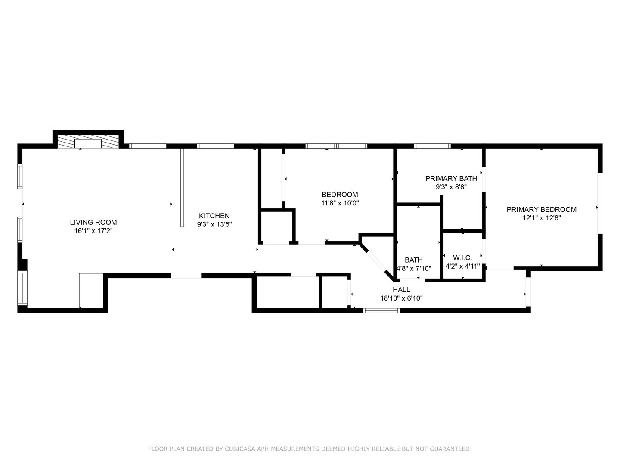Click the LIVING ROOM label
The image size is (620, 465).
[93, 223]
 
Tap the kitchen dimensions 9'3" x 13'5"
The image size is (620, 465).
[214, 224]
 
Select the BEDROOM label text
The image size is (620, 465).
[340, 195]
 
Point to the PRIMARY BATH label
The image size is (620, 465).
[451, 178]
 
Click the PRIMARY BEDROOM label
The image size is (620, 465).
[541, 209]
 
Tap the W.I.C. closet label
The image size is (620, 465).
[462, 257]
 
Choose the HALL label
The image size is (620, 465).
[401, 290]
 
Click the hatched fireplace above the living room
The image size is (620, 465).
[88, 142]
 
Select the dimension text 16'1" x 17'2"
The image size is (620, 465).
[93, 231]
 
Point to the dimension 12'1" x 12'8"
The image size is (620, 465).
[541, 218]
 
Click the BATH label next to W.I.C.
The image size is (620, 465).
[413, 260]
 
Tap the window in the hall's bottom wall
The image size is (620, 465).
[381, 310]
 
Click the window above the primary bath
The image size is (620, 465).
[432, 146]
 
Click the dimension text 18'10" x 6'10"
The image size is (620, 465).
[401, 298]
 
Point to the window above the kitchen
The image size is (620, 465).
[216, 146]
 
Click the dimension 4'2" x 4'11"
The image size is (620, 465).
[462, 266]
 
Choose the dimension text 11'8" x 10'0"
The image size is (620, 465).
[340, 203]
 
